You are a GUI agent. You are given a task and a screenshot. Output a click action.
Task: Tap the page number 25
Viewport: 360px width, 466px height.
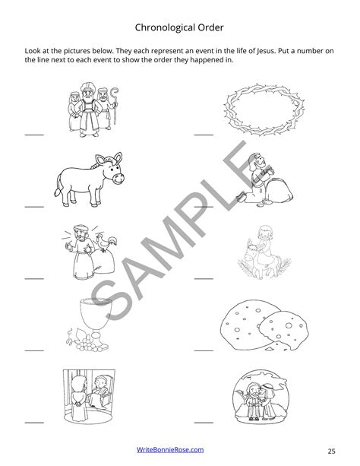pyautogui.click(x=332, y=450)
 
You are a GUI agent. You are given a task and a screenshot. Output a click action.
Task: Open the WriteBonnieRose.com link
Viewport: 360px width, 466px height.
pyautogui.click(x=179, y=450)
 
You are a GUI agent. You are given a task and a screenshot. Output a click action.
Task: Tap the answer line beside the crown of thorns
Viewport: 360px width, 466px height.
pyautogui.click(x=204, y=135)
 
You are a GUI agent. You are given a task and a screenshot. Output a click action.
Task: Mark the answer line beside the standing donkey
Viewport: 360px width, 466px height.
pyautogui.click(x=34, y=205)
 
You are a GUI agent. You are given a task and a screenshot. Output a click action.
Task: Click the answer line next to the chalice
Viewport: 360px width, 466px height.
pyautogui.click(x=34, y=350)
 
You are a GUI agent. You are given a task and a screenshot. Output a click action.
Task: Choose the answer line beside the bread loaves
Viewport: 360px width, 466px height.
pyautogui.click(x=204, y=350)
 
